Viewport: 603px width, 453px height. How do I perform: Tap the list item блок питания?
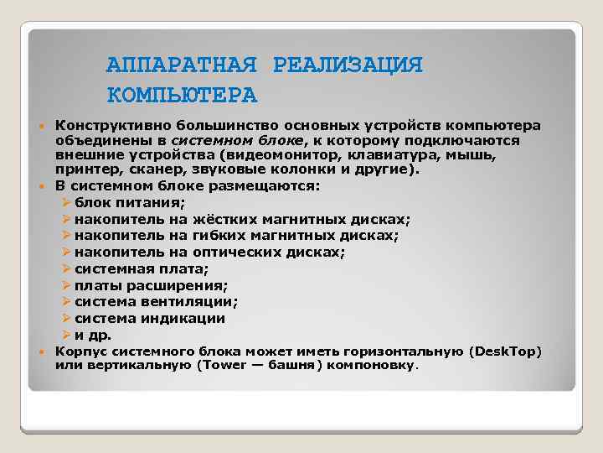point(129,202)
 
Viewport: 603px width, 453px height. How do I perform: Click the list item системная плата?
point(142,268)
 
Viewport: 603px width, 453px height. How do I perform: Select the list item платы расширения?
point(151,285)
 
